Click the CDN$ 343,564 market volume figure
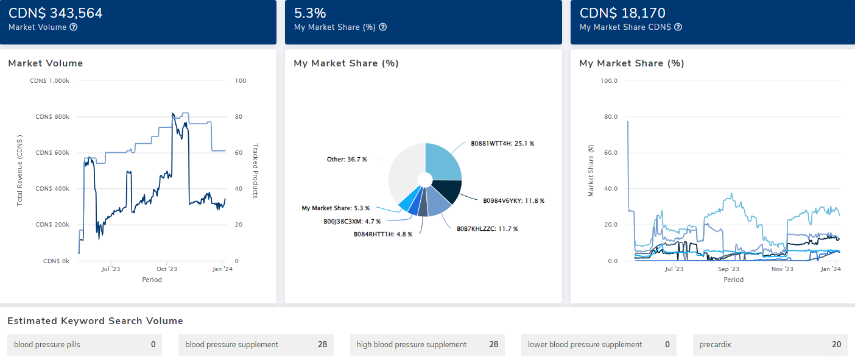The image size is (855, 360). coord(55,13)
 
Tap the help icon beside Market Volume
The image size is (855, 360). coord(73,27)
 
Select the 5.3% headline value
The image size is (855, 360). coord(310,13)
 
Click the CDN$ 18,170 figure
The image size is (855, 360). coord(622,13)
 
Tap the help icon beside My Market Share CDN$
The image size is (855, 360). coord(678,27)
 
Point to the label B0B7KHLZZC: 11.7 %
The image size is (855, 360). coord(487,228)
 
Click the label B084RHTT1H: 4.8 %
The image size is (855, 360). coord(383,234)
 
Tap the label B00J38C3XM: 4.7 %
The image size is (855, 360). coord(352,222)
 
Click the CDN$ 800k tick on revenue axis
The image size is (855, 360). coord(52,116)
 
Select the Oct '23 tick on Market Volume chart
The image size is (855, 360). coord(166,269)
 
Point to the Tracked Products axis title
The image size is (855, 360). coord(256,171)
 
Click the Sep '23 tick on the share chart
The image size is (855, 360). coord(728,269)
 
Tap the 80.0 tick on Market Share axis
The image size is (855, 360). coord(609,116)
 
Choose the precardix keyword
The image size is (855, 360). coord(715,345)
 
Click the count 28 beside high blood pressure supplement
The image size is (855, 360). coord(493,345)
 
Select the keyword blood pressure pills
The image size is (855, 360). coord(47,345)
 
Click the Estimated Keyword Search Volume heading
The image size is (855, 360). coord(95,321)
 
